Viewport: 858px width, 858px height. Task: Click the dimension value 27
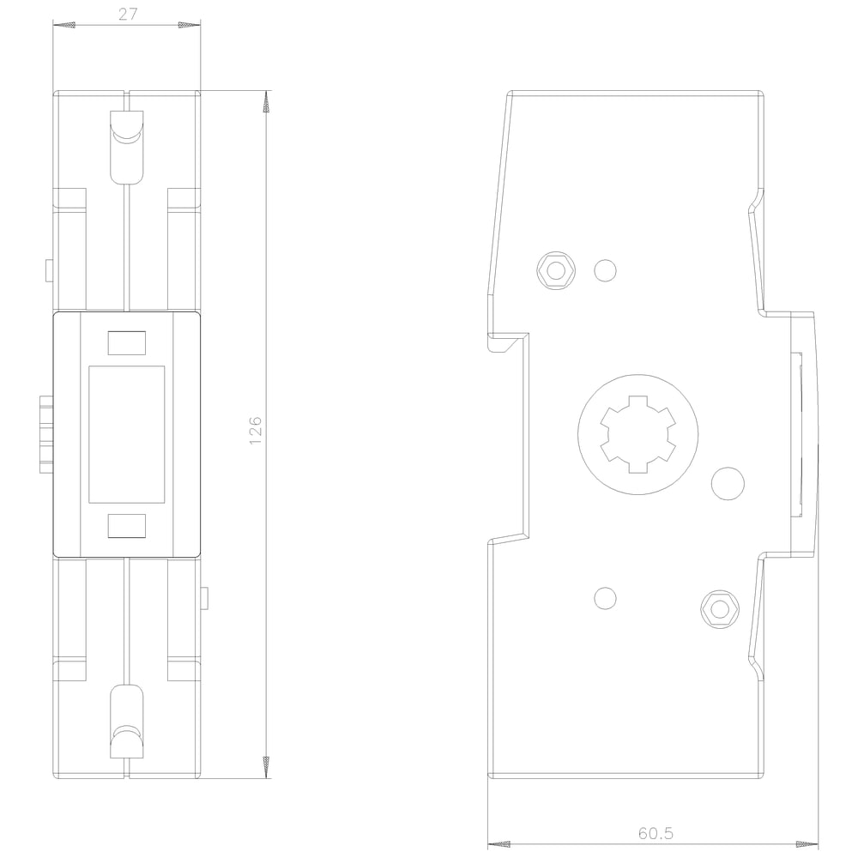click(x=128, y=15)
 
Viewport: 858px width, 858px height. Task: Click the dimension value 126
click(x=256, y=430)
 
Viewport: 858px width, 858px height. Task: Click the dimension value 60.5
click(x=656, y=833)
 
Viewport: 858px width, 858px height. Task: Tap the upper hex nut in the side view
click(x=556, y=271)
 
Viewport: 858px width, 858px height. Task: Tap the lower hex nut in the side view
click(x=720, y=609)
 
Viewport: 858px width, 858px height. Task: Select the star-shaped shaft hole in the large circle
click(x=638, y=434)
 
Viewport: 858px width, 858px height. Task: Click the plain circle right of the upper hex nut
click(x=605, y=270)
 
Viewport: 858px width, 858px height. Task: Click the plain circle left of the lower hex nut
click(x=605, y=598)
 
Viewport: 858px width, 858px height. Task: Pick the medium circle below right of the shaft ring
click(x=728, y=484)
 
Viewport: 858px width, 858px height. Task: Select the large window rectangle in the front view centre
click(x=126, y=434)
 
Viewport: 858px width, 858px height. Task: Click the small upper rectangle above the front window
click(x=127, y=343)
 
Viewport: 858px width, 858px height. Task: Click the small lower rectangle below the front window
click(x=127, y=526)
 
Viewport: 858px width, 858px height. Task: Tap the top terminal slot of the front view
click(x=127, y=147)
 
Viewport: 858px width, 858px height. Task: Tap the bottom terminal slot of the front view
click(x=127, y=722)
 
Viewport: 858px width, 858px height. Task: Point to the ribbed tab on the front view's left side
click(x=46, y=435)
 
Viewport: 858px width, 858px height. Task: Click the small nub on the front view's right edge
click(x=205, y=598)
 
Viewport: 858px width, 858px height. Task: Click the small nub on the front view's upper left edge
click(x=49, y=270)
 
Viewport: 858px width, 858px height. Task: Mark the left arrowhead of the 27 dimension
click(x=64, y=25)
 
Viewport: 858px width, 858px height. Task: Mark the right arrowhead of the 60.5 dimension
click(x=807, y=844)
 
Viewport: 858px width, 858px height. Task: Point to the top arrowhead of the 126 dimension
click(x=267, y=102)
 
